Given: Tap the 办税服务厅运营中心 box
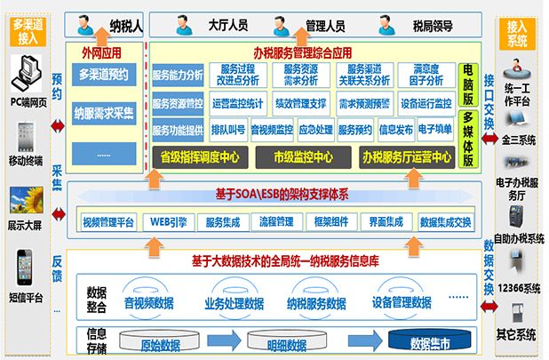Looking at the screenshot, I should tap(403, 156).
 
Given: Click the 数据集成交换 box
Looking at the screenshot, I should tap(444, 221).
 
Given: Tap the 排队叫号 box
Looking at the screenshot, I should tap(227, 130).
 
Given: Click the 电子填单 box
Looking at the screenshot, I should tap(434, 130).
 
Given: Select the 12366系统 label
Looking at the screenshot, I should tap(519, 288).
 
